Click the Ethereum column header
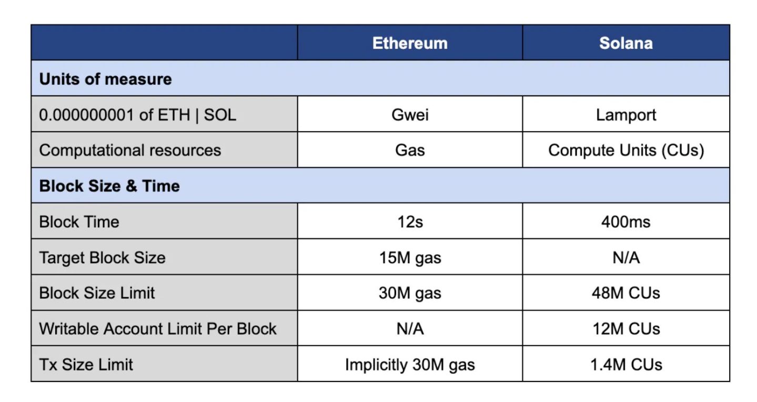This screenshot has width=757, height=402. (x=410, y=43)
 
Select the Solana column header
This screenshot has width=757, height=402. (x=626, y=43)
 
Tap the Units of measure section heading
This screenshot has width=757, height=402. (x=105, y=79)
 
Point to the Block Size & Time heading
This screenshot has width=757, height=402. (x=109, y=186)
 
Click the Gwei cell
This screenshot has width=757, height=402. (x=410, y=115)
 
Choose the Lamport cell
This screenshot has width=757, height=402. (x=626, y=115)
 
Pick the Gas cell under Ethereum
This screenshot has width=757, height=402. (x=410, y=150)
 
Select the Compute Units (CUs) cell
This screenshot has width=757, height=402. (x=626, y=150)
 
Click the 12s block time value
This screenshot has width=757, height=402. (x=410, y=222)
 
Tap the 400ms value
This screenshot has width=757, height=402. (x=626, y=222)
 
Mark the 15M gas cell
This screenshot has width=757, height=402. (x=410, y=258)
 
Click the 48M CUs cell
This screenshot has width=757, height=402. (x=626, y=293)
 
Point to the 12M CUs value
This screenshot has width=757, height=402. (x=626, y=329)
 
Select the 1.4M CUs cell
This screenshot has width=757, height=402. (x=626, y=365)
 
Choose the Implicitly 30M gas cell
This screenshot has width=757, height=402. (x=410, y=365)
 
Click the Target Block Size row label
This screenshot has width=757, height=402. (x=103, y=258)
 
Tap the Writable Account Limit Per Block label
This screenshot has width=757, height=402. (x=158, y=329)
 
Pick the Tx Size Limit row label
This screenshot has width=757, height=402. (x=86, y=365)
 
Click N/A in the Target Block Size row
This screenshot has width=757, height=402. (x=626, y=258)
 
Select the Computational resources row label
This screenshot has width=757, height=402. (x=130, y=150)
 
